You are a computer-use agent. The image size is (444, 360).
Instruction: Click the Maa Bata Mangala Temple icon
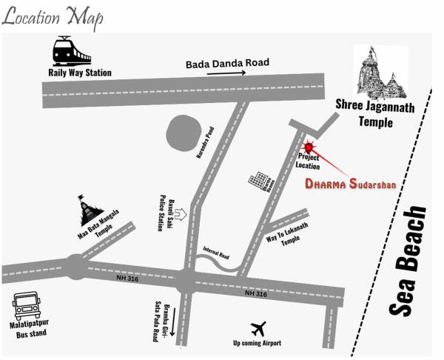pos(90,210)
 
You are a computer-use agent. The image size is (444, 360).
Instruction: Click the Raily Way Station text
pos(80,73)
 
